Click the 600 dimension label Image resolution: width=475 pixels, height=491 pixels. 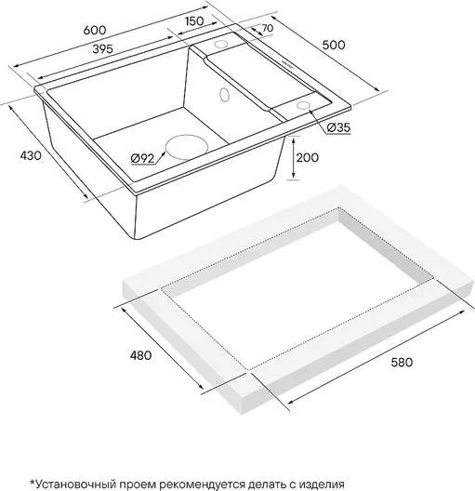click(95, 30)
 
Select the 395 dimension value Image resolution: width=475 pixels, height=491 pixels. click(103, 49)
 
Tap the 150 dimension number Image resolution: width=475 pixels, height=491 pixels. click(194, 21)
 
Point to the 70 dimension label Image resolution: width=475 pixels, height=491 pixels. click(267, 28)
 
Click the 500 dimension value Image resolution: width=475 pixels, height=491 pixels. click(334, 45)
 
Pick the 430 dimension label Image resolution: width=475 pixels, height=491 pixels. click(31, 155)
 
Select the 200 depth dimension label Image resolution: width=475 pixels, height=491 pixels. click(308, 157)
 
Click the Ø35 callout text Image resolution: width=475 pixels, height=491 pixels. click(338, 127)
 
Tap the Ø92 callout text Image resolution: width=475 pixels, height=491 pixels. click(143, 159)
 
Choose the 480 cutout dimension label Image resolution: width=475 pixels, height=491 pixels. click(140, 355)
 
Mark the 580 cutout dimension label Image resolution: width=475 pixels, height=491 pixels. click(402, 363)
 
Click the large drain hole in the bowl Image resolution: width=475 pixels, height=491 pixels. click(187, 147)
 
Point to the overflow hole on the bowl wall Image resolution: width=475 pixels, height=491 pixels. click(225, 94)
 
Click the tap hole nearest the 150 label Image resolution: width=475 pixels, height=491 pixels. click(221, 44)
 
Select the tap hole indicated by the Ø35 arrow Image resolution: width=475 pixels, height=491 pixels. click(303, 105)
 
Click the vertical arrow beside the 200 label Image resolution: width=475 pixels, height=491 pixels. click(293, 158)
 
